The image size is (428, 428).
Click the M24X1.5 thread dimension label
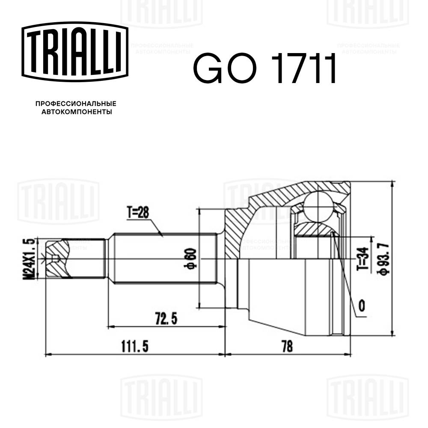pos(30,258)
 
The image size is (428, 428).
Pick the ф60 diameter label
pos(191,259)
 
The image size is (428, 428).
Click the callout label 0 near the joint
pos(362,306)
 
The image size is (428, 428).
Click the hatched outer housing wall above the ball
pos(300,190)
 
